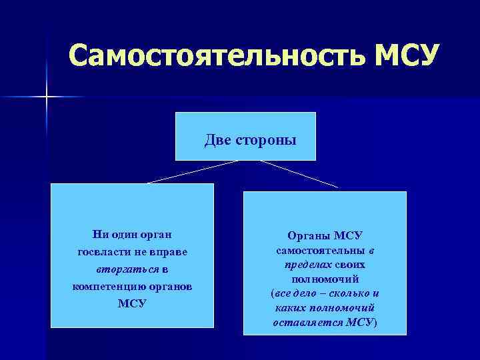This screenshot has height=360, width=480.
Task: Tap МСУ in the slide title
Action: point(406,56)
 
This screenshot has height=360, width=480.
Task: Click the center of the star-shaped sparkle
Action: point(47,97)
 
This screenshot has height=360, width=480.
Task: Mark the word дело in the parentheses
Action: point(307,293)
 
